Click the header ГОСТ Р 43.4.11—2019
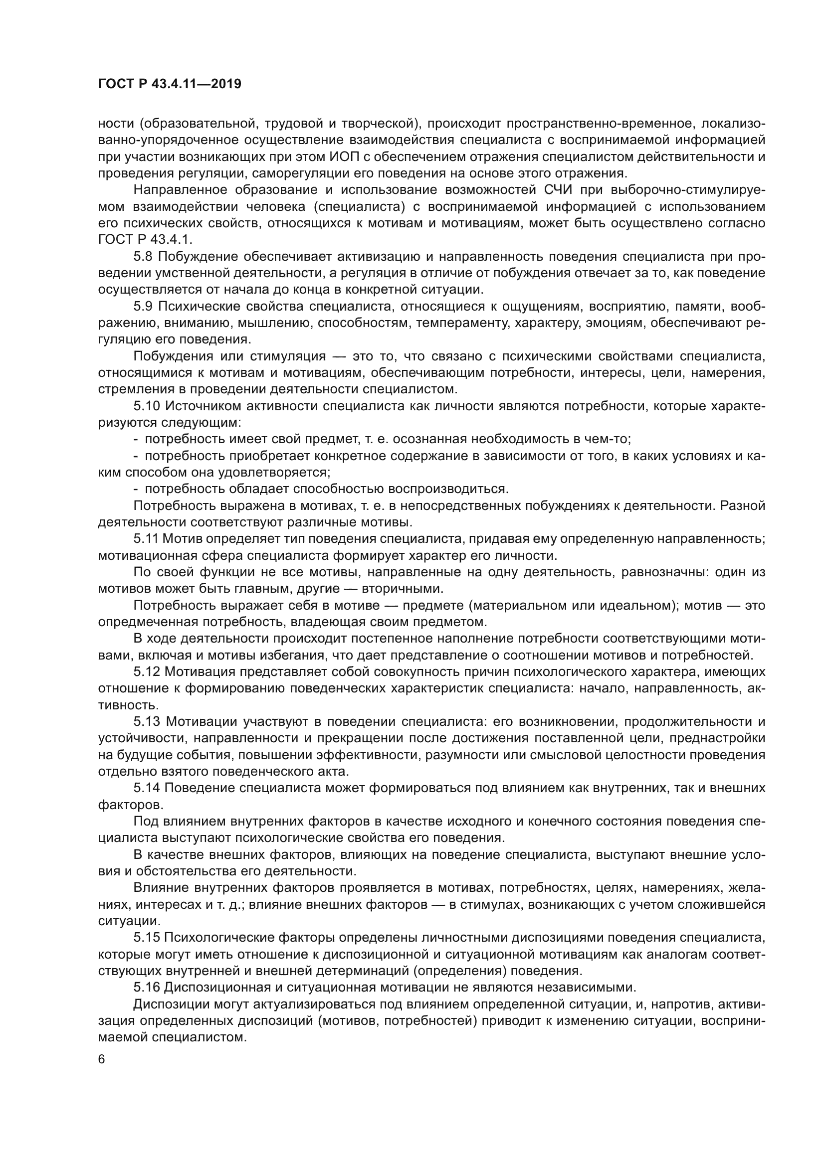coord(170,84)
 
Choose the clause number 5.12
coord(147,671)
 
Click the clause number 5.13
coord(147,721)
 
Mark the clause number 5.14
coord(147,788)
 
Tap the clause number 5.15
coord(147,937)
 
